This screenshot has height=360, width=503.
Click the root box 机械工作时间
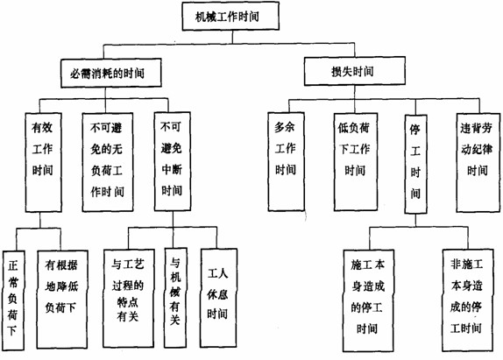[x=232, y=15]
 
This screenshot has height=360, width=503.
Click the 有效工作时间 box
[x=42, y=150]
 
